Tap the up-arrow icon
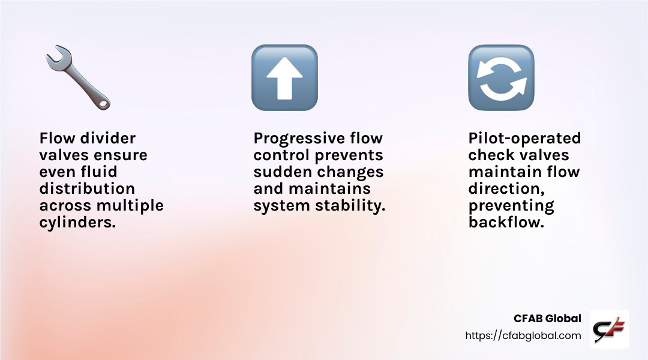pos(284,78)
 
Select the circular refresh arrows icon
pos(501,78)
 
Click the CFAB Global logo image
pos(609,329)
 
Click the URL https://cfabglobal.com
pos(523,336)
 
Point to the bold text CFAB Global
pos(547,319)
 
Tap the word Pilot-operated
pos(524,139)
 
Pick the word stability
pos(354,206)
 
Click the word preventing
pos(511,206)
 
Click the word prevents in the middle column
pos(351,155)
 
